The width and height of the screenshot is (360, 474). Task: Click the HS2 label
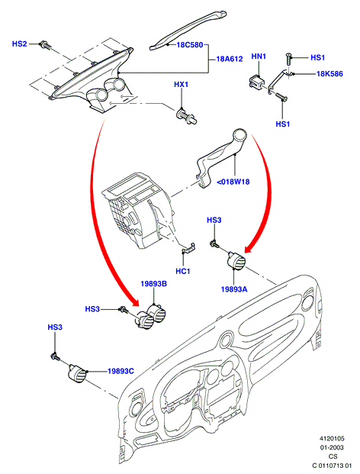click(19, 44)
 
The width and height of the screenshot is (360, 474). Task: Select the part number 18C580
click(190, 45)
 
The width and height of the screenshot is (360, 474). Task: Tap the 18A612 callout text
click(230, 59)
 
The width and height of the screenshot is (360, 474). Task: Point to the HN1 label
click(259, 56)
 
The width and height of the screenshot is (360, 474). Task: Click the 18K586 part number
click(329, 73)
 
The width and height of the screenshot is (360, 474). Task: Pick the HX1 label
click(181, 84)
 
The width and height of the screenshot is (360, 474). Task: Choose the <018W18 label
click(233, 182)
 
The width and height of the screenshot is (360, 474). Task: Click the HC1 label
click(183, 271)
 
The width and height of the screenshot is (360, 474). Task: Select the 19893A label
click(234, 289)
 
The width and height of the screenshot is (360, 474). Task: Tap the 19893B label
click(154, 284)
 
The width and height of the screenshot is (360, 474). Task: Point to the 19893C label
click(121, 371)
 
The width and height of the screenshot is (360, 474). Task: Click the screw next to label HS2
click(46, 45)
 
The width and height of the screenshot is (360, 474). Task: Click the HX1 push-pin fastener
click(186, 116)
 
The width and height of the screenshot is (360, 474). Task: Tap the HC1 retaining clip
click(188, 247)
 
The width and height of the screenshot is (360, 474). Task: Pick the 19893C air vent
click(77, 374)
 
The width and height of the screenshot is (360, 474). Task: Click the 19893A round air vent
click(236, 260)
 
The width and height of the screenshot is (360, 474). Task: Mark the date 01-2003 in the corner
click(332, 447)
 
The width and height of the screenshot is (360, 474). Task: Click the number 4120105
click(332, 439)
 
